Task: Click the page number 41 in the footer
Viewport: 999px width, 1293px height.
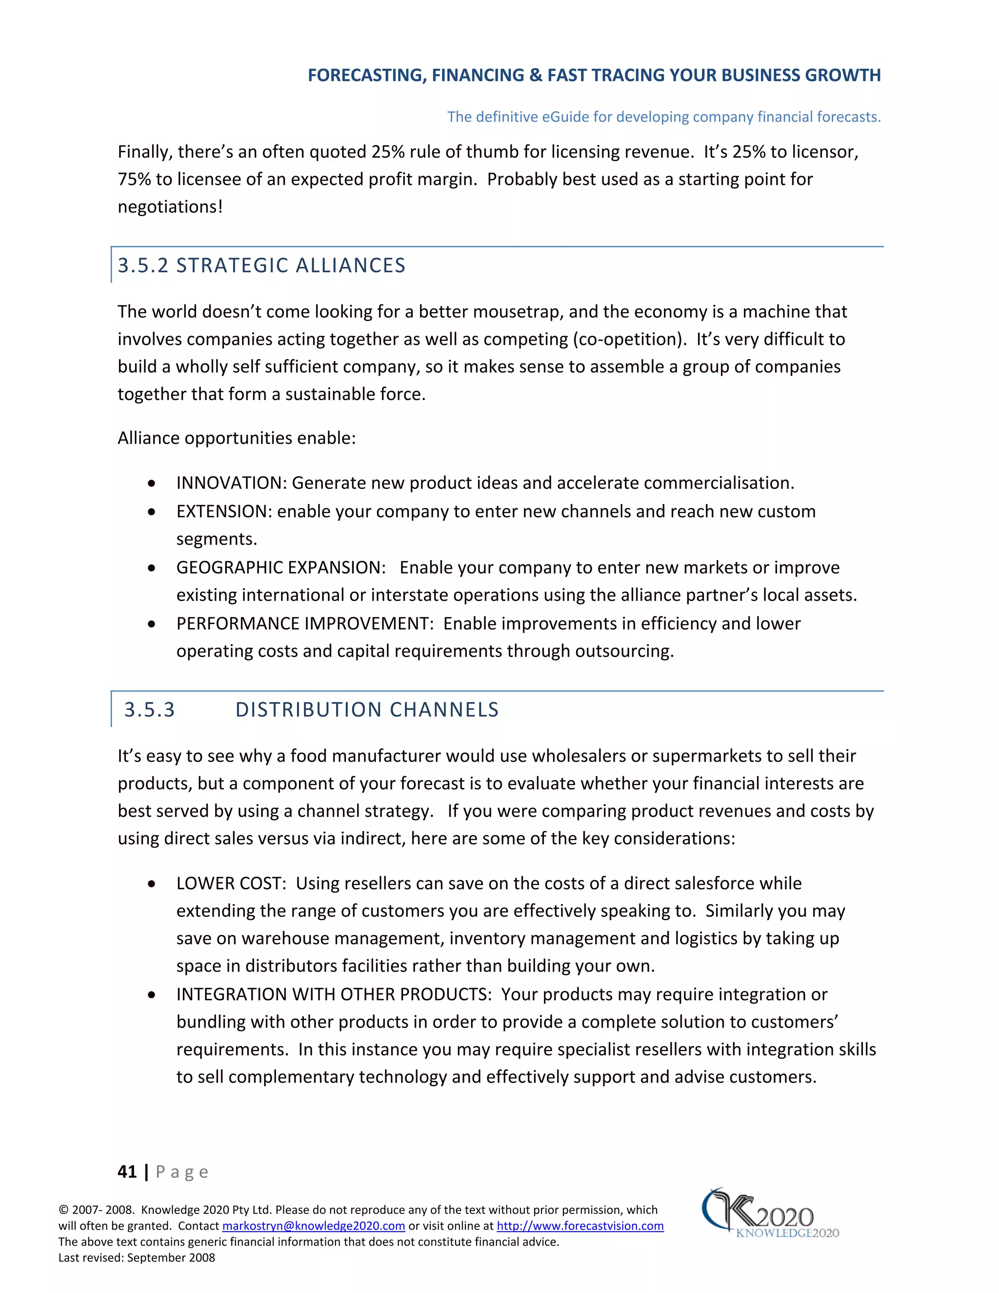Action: tap(127, 1172)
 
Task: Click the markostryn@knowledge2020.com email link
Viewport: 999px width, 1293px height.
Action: tap(313, 1226)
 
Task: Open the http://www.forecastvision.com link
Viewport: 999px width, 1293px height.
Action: tap(580, 1226)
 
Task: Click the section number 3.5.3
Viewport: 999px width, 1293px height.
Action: tap(149, 709)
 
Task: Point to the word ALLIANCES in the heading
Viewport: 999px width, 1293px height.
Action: tap(350, 265)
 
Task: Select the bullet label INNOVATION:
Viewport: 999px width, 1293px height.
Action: tap(231, 483)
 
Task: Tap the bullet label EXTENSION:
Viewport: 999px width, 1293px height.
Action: tap(224, 511)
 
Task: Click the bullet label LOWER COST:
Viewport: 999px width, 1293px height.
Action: tap(231, 883)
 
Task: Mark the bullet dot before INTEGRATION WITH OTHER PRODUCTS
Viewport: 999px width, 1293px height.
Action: tap(152, 994)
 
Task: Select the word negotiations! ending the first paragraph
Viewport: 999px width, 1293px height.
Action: tap(170, 206)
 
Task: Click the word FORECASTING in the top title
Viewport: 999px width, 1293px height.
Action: tap(364, 75)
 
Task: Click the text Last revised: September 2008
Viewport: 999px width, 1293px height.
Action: tap(137, 1257)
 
